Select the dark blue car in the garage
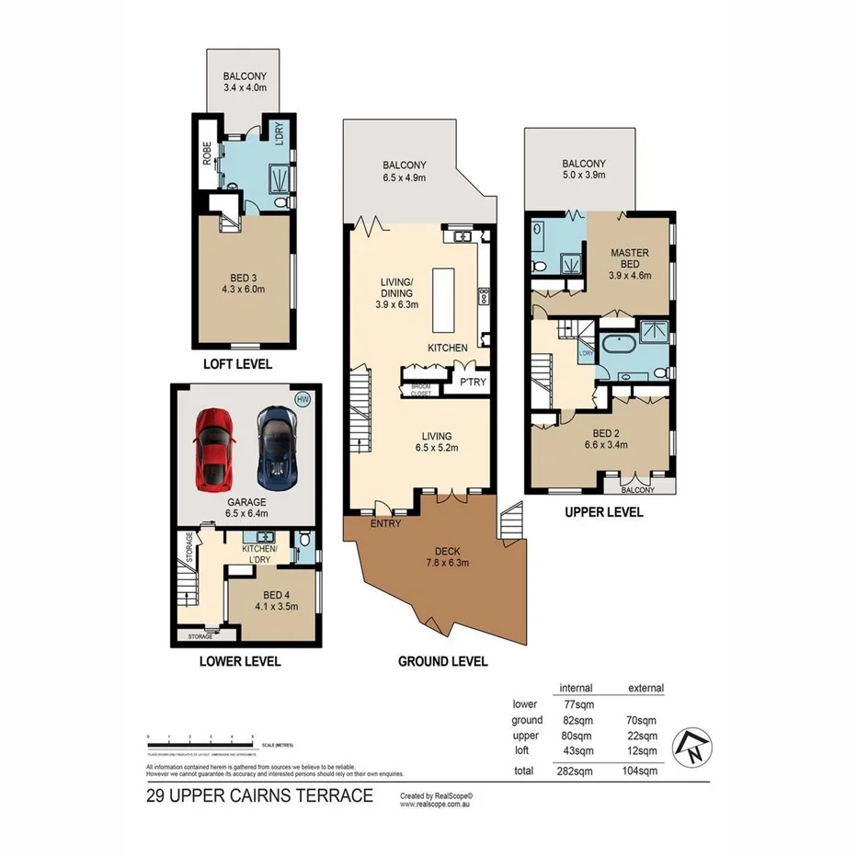point(275,448)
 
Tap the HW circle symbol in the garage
point(302,399)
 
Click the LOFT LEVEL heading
point(237,364)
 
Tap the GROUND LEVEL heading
point(442,661)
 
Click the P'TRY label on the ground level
point(474,382)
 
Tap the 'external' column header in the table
point(645,688)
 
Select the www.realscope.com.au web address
point(436,804)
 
